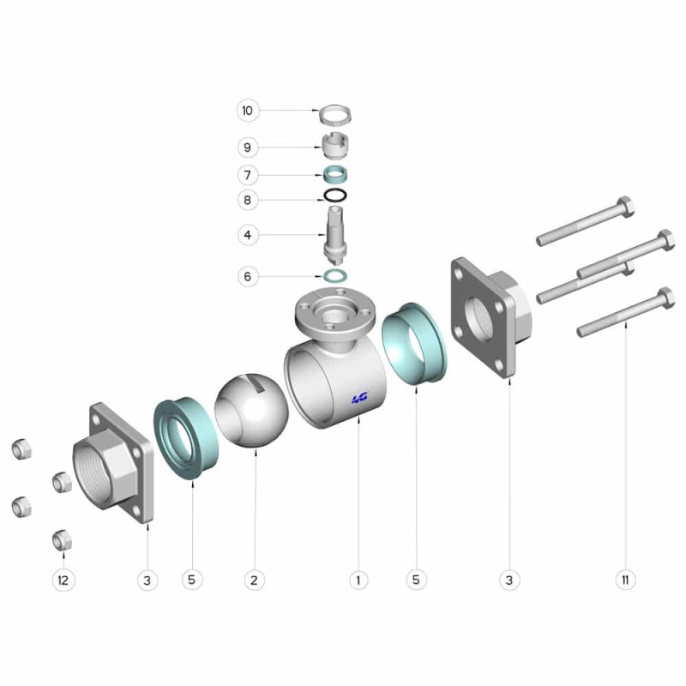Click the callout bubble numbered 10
(248, 111)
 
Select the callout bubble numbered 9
(248, 147)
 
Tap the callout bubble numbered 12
(63, 581)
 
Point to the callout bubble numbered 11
(625, 581)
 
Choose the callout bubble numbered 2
(254, 581)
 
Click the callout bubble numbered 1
(358, 581)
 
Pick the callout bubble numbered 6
(248, 276)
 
